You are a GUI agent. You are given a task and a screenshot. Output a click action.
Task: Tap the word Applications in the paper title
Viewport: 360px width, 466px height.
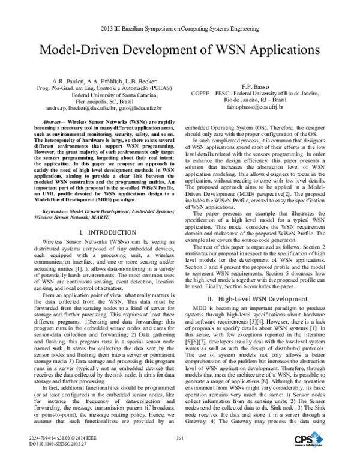[277, 51]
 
